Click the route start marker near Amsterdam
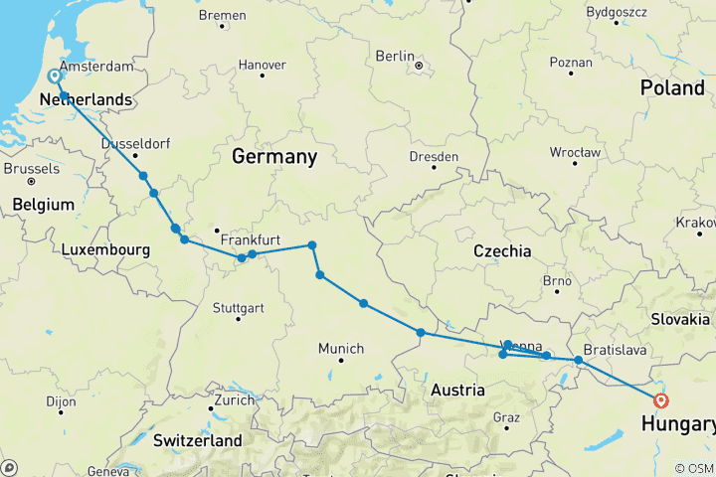coord(54,76)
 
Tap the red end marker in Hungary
coord(661,400)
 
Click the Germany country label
coord(273,157)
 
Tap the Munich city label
coord(341,348)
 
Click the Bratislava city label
coord(617,351)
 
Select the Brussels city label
coord(32,169)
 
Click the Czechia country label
coord(502,251)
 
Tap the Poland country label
coord(672,88)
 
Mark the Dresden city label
coord(434,157)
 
